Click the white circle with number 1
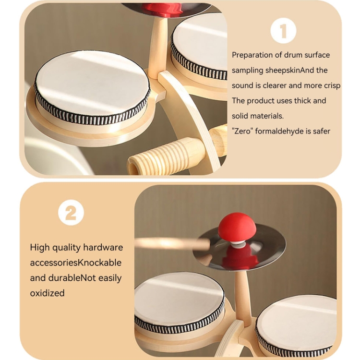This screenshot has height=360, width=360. coord(283,31)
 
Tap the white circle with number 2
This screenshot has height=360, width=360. coord(71,212)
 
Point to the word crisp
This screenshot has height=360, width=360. coord(332,85)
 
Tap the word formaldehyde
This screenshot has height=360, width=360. coord(279,132)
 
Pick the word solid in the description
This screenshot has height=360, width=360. coord(240,116)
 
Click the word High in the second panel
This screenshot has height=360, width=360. coord(40,248)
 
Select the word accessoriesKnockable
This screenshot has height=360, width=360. coord(76,263)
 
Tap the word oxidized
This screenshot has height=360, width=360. coord(48,293)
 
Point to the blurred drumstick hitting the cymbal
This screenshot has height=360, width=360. coord(172,244)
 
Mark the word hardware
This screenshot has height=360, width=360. coord(103,248)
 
